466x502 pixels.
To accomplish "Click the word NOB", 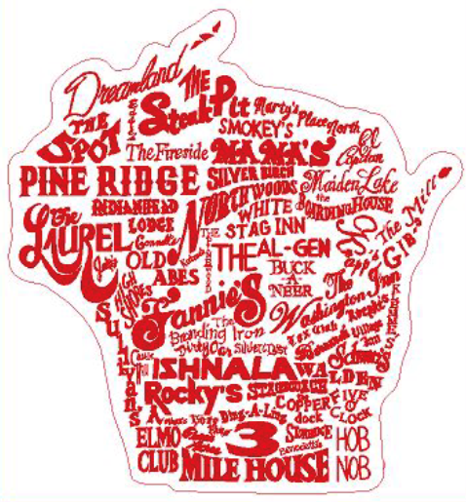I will [352, 466].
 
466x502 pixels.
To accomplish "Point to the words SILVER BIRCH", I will [241, 175].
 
